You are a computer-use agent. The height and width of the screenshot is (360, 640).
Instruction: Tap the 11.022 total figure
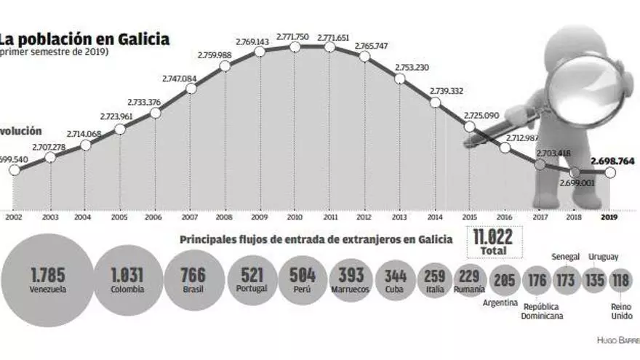pos(494,238)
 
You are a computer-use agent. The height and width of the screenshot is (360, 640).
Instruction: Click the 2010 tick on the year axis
pos(295,215)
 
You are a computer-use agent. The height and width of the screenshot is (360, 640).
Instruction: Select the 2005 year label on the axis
pos(120,215)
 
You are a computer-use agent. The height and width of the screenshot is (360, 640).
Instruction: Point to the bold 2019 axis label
pos(610,215)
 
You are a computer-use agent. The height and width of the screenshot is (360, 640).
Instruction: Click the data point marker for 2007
pos(191,89)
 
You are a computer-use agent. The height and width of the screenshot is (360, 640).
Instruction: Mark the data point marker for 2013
pos(399,78)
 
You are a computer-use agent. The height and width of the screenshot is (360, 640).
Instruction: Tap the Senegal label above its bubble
pos(565,256)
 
